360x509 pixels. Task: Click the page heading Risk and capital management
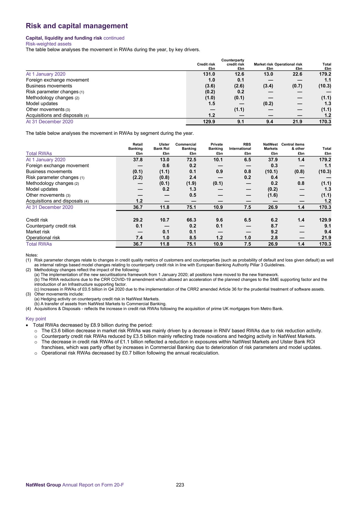click(77, 26)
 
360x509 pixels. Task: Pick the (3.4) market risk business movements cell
click(268, 86)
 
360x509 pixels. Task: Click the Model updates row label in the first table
click(42, 104)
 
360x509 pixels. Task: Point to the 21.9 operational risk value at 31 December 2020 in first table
click(297, 122)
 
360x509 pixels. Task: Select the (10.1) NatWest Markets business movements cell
click(271, 172)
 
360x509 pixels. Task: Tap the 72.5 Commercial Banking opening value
click(191, 160)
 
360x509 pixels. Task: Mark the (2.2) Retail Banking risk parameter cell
click(137, 177)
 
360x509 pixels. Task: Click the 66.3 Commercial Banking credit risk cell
click(191, 220)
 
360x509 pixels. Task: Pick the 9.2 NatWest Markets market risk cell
click(274, 232)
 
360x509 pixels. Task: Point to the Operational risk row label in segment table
click(43, 238)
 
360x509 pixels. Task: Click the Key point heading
click(36, 319)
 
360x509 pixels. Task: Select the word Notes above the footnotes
click(32, 255)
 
